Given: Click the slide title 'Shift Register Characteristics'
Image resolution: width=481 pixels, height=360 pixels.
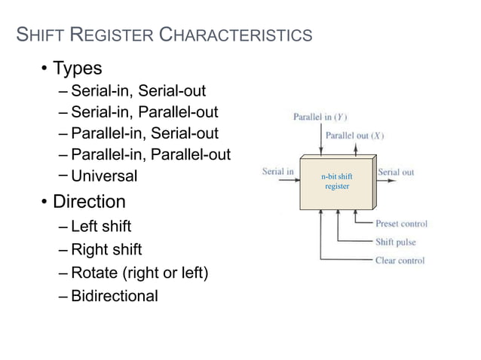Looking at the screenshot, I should point(164,35).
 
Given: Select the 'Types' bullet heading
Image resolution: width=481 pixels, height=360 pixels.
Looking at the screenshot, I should point(77,69).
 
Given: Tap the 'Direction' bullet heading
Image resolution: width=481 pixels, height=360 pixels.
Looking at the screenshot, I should point(89,202).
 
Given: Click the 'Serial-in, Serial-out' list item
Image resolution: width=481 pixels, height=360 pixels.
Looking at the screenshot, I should point(139,91).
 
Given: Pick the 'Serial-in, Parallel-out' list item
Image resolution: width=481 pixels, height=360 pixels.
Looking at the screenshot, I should point(145,112).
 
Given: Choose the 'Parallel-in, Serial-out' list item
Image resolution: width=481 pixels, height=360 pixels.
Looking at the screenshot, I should point(145,133).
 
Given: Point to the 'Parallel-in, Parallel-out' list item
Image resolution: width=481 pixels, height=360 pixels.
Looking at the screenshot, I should point(151,154).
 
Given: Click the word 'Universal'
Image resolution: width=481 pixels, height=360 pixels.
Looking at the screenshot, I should point(105,176).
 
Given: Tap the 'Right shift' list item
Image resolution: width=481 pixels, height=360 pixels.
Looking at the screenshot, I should point(106,249).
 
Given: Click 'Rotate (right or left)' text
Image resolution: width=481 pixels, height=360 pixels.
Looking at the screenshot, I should point(139,272).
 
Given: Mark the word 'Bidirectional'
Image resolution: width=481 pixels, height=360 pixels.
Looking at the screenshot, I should point(115,295).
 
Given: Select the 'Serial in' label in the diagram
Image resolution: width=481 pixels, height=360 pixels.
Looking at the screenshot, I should point(277,171).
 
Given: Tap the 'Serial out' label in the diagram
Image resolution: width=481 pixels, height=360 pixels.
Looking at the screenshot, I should point(396,172).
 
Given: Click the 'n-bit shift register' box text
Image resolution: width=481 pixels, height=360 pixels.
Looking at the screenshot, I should point(337,181).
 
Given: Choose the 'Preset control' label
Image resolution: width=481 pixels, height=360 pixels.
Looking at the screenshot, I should point(401,224).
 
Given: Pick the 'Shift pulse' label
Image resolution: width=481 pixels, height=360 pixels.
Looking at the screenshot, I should point(396,242).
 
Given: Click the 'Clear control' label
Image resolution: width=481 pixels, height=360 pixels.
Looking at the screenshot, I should point(400,261).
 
